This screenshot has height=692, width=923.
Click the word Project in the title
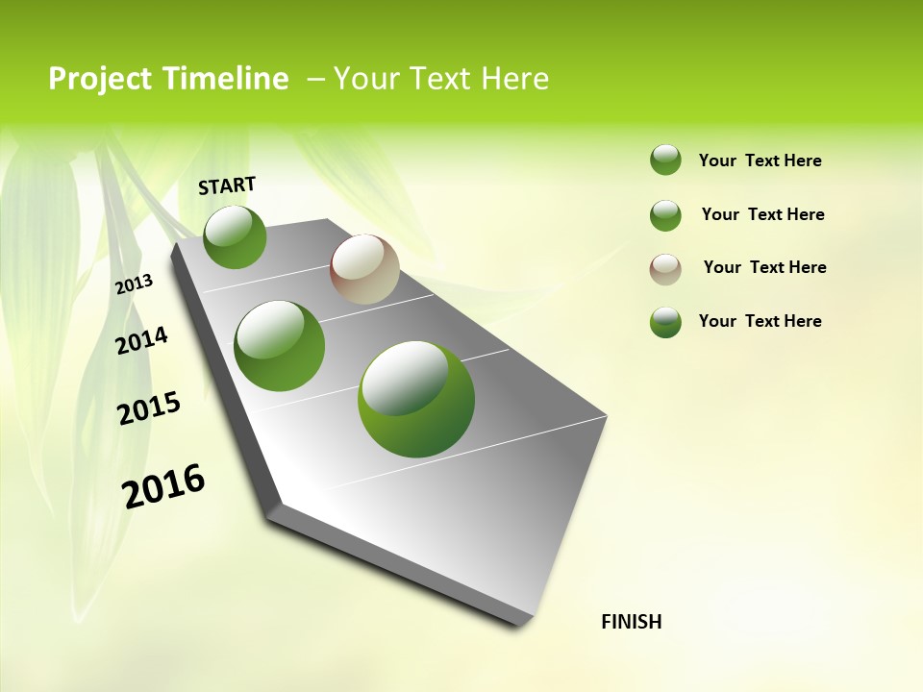[x=99, y=79]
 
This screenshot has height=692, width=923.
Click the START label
[x=227, y=185]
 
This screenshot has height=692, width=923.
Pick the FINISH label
[x=632, y=622]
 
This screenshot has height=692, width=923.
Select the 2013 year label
[x=134, y=284]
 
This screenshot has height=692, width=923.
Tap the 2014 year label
[x=142, y=340]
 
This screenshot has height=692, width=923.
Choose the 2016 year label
[x=163, y=486]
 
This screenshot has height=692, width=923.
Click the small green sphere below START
[x=235, y=237]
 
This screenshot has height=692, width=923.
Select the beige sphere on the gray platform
[x=364, y=269]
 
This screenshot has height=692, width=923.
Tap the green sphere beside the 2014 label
[x=280, y=346]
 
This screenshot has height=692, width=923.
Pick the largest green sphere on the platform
[x=416, y=399]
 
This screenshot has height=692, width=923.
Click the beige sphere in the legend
[x=665, y=269]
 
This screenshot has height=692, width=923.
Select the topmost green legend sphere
[x=665, y=160]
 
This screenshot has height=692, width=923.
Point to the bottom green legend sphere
[x=665, y=322]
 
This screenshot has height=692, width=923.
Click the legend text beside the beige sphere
[x=764, y=267]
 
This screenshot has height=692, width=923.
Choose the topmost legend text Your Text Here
[x=760, y=161]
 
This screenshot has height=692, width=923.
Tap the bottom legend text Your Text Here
[x=760, y=321]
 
